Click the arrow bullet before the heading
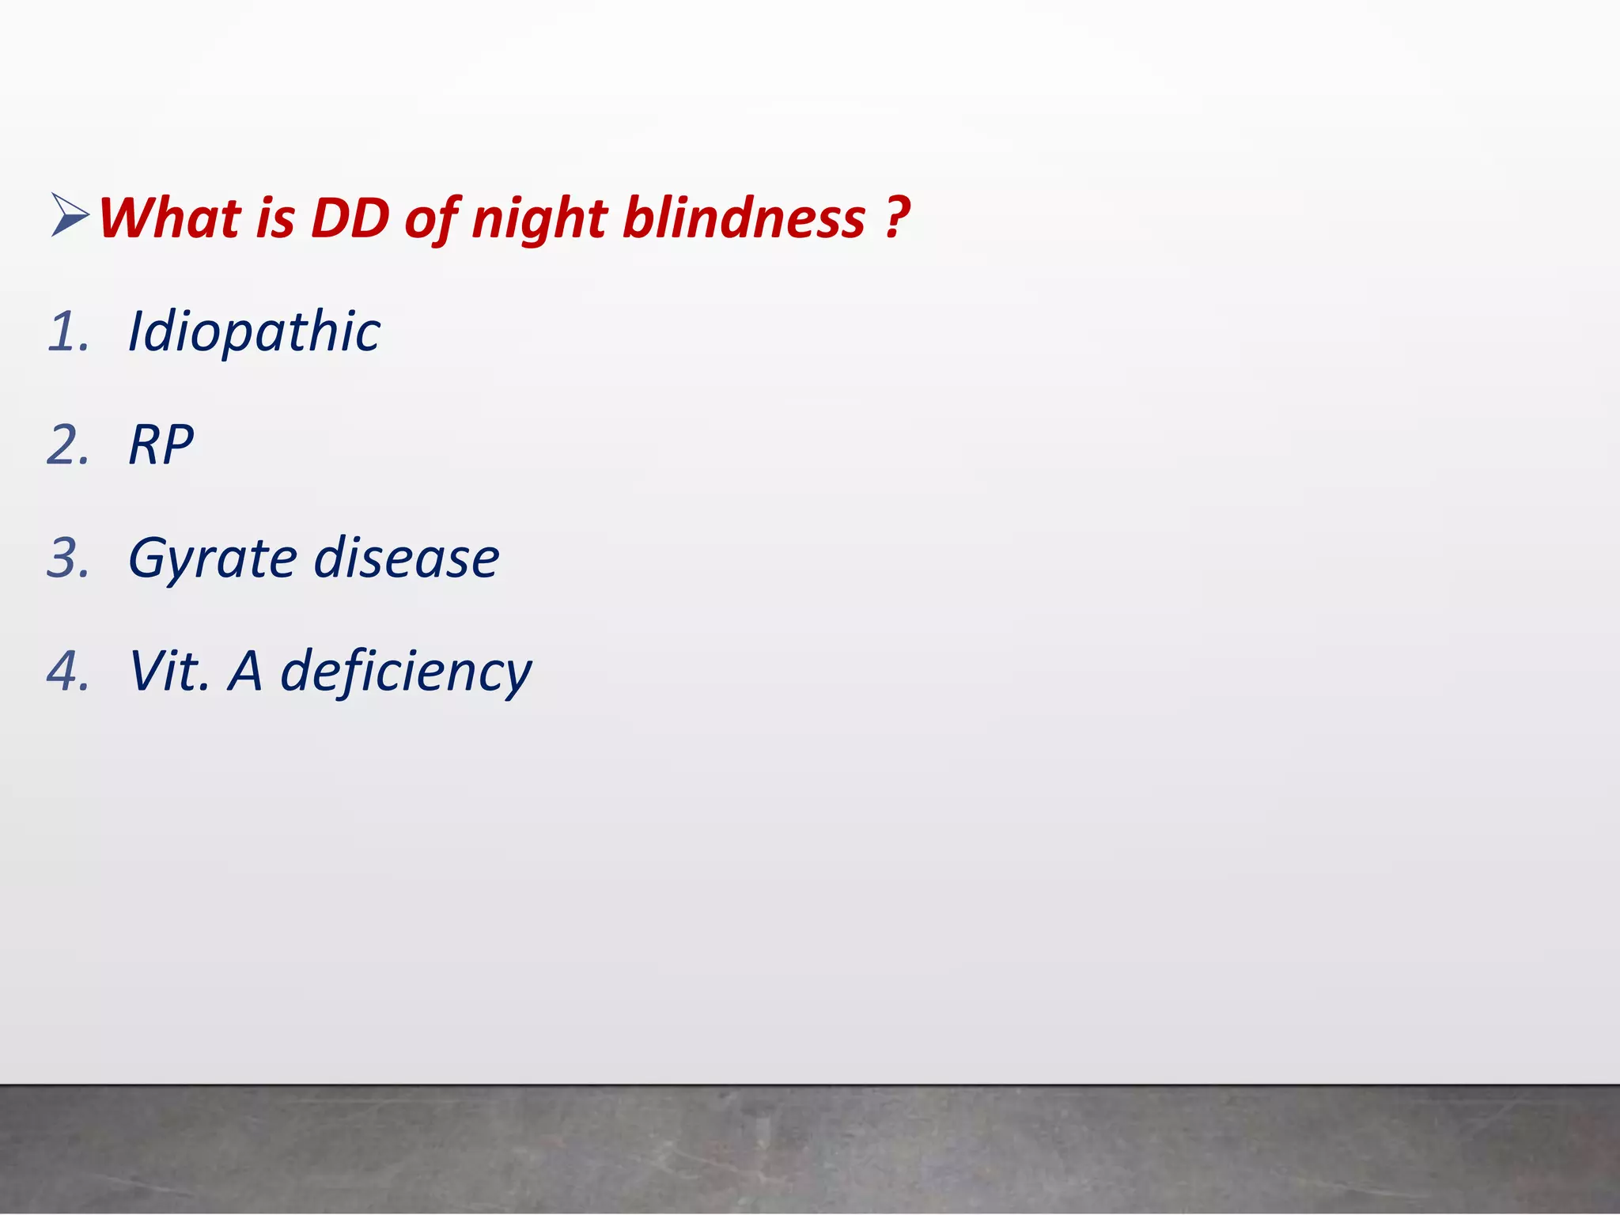coord(70,215)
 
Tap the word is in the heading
coord(275,218)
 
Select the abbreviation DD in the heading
coord(350,218)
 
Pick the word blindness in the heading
coord(744,218)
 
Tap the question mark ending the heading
coord(897,218)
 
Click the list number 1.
coord(68,331)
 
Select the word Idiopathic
coord(254,331)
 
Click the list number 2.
coord(68,445)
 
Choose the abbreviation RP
coord(161,445)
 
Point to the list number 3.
coord(68,558)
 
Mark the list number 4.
coord(68,672)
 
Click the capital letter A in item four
coord(245,672)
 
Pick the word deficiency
coord(407,672)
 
